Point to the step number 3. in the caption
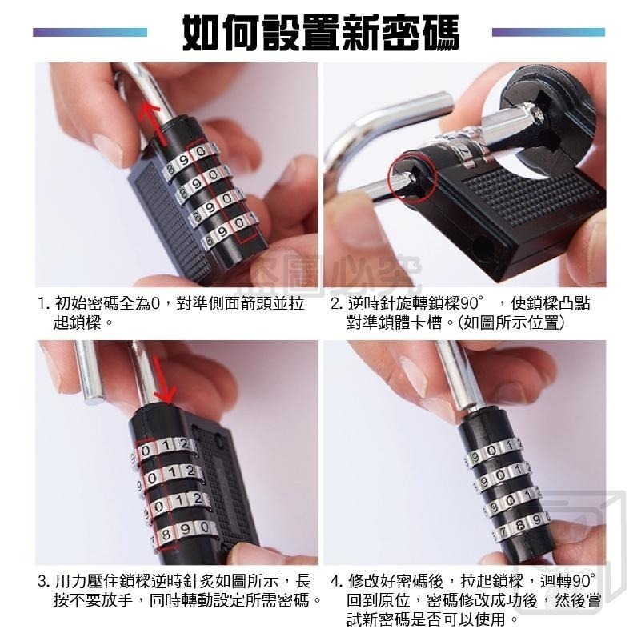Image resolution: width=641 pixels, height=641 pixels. coord(46,580)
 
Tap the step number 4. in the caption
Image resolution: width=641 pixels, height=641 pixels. coord(338,580)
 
